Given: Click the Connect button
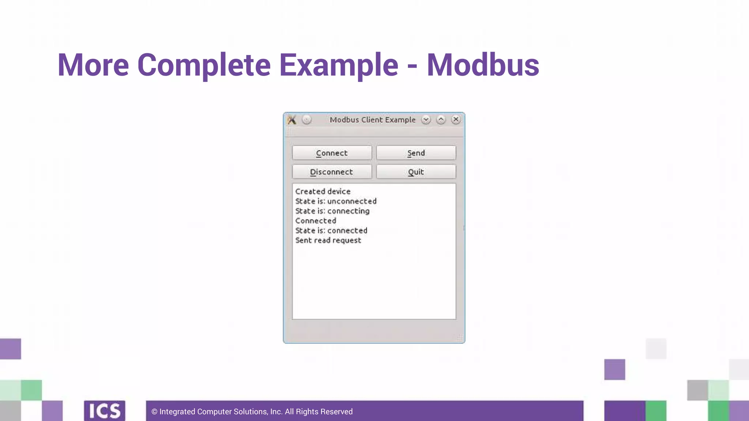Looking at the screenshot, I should (x=332, y=153).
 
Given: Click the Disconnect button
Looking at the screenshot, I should (x=332, y=172).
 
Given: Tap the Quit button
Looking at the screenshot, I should (x=416, y=172).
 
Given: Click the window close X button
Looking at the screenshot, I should (x=456, y=120).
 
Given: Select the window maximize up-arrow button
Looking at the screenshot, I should (x=441, y=120).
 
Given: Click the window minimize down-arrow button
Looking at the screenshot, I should (x=426, y=120).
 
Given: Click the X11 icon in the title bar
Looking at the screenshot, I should (x=291, y=120).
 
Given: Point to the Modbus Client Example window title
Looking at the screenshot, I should (x=372, y=120).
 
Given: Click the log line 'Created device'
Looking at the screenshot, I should (x=323, y=191).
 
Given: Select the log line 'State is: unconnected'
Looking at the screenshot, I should (x=336, y=201).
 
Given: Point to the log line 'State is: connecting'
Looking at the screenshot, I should (x=332, y=211).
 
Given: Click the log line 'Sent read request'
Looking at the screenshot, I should (x=328, y=240).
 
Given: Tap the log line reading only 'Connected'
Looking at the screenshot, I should (x=316, y=221).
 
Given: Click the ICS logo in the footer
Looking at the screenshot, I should (x=105, y=411).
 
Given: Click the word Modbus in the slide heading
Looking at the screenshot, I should (x=483, y=65).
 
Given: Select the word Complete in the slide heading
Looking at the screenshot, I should (x=204, y=65).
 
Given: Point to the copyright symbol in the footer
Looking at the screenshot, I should (x=154, y=412).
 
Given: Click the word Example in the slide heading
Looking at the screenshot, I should (x=339, y=65).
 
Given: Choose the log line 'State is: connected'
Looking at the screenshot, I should (x=331, y=231).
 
